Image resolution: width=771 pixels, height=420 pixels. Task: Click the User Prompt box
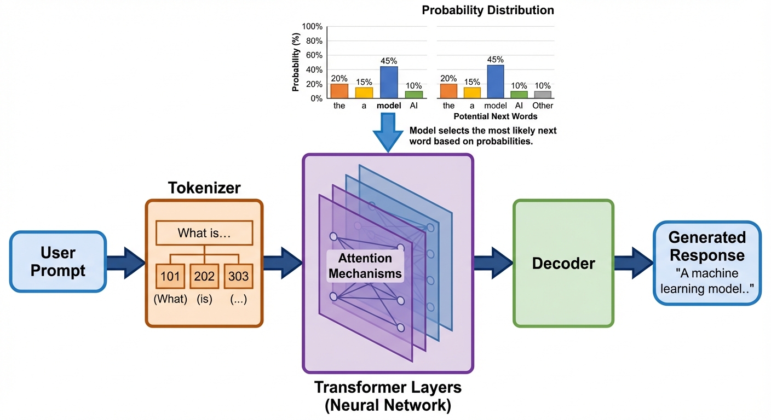(x=57, y=261)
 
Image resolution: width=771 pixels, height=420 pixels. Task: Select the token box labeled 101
(x=170, y=276)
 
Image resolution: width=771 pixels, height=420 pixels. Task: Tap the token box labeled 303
(x=238, y=276)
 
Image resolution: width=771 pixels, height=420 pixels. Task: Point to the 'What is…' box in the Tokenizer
(x=204, y=234)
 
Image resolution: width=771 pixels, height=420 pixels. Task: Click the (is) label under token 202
(x=204, y=300)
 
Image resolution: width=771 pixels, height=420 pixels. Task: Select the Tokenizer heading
(x=204, y=188)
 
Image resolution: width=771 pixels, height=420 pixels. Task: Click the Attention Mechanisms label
(x=365, y=266)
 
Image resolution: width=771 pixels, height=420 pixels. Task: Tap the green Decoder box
(x=563, y=263)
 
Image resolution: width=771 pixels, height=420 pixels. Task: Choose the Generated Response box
(x=707, y=262)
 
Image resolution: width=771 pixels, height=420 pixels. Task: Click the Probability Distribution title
(x=487, y=10)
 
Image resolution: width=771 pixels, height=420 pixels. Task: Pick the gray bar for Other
(x=543, y=94)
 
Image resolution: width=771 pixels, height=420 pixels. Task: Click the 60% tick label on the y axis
(x=314, y=55)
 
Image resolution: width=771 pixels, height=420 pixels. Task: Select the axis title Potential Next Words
(x=495, y=116)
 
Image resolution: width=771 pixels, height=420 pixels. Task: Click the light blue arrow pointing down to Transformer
(x=388, y=132)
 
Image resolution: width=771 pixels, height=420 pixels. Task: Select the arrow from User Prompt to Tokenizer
(x=125, y=261)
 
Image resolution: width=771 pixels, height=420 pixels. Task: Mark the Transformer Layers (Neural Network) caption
(x=388, y=396)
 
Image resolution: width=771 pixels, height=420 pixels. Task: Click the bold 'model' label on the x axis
(x=389, y=106)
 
